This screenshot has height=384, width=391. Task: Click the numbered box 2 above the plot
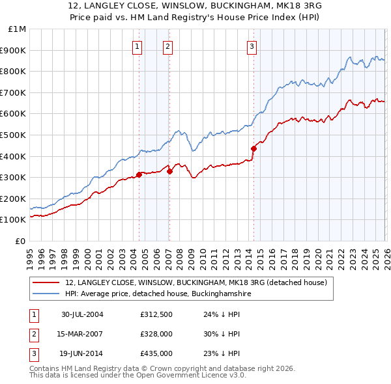[x=167, y=46]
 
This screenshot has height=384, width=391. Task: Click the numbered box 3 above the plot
[x=252, y=46]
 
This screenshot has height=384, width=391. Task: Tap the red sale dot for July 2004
[x=139, y=174]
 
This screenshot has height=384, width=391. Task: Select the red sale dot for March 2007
[x=169, y=171]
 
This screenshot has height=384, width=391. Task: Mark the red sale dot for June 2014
[x=253, y=148]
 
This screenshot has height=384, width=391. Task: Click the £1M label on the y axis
[x=18, y=29]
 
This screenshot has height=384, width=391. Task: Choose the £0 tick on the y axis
[x=20, y=241]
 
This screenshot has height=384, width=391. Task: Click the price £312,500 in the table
[x=156, y=314]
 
